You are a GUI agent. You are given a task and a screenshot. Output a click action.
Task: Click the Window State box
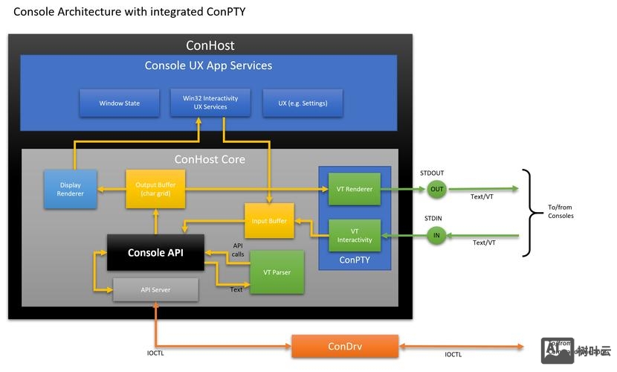pos(119,103)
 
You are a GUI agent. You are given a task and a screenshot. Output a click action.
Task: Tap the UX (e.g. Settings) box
pos(303,103)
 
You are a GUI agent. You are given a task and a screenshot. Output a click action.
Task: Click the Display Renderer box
pos(71,189)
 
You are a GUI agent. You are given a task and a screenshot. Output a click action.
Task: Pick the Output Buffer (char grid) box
pos(155,189)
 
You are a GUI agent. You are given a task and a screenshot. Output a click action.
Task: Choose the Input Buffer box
pos(269,221)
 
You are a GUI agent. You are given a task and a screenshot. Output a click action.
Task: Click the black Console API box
pos(155,253)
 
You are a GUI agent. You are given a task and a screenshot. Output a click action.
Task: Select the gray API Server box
pos(155,289)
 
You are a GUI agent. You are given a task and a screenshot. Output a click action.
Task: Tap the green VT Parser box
pos(277,272)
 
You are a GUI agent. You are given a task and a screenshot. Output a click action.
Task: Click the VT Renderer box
pos(354,189)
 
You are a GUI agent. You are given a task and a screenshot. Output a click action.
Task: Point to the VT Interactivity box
pos(354,236)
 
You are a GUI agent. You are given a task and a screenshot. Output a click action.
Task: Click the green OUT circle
pos(436,189)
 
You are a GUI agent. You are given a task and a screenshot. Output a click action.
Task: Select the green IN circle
pos(436,236)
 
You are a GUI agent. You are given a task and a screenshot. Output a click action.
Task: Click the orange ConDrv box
pos(344,347)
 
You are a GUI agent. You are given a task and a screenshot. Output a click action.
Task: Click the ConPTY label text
pos(355,260)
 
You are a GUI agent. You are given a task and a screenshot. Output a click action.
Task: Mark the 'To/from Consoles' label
pos(561,211)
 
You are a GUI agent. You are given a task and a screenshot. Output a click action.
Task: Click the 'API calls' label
pos(238,249)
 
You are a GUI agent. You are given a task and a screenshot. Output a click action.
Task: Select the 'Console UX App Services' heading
pos(208,65)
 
